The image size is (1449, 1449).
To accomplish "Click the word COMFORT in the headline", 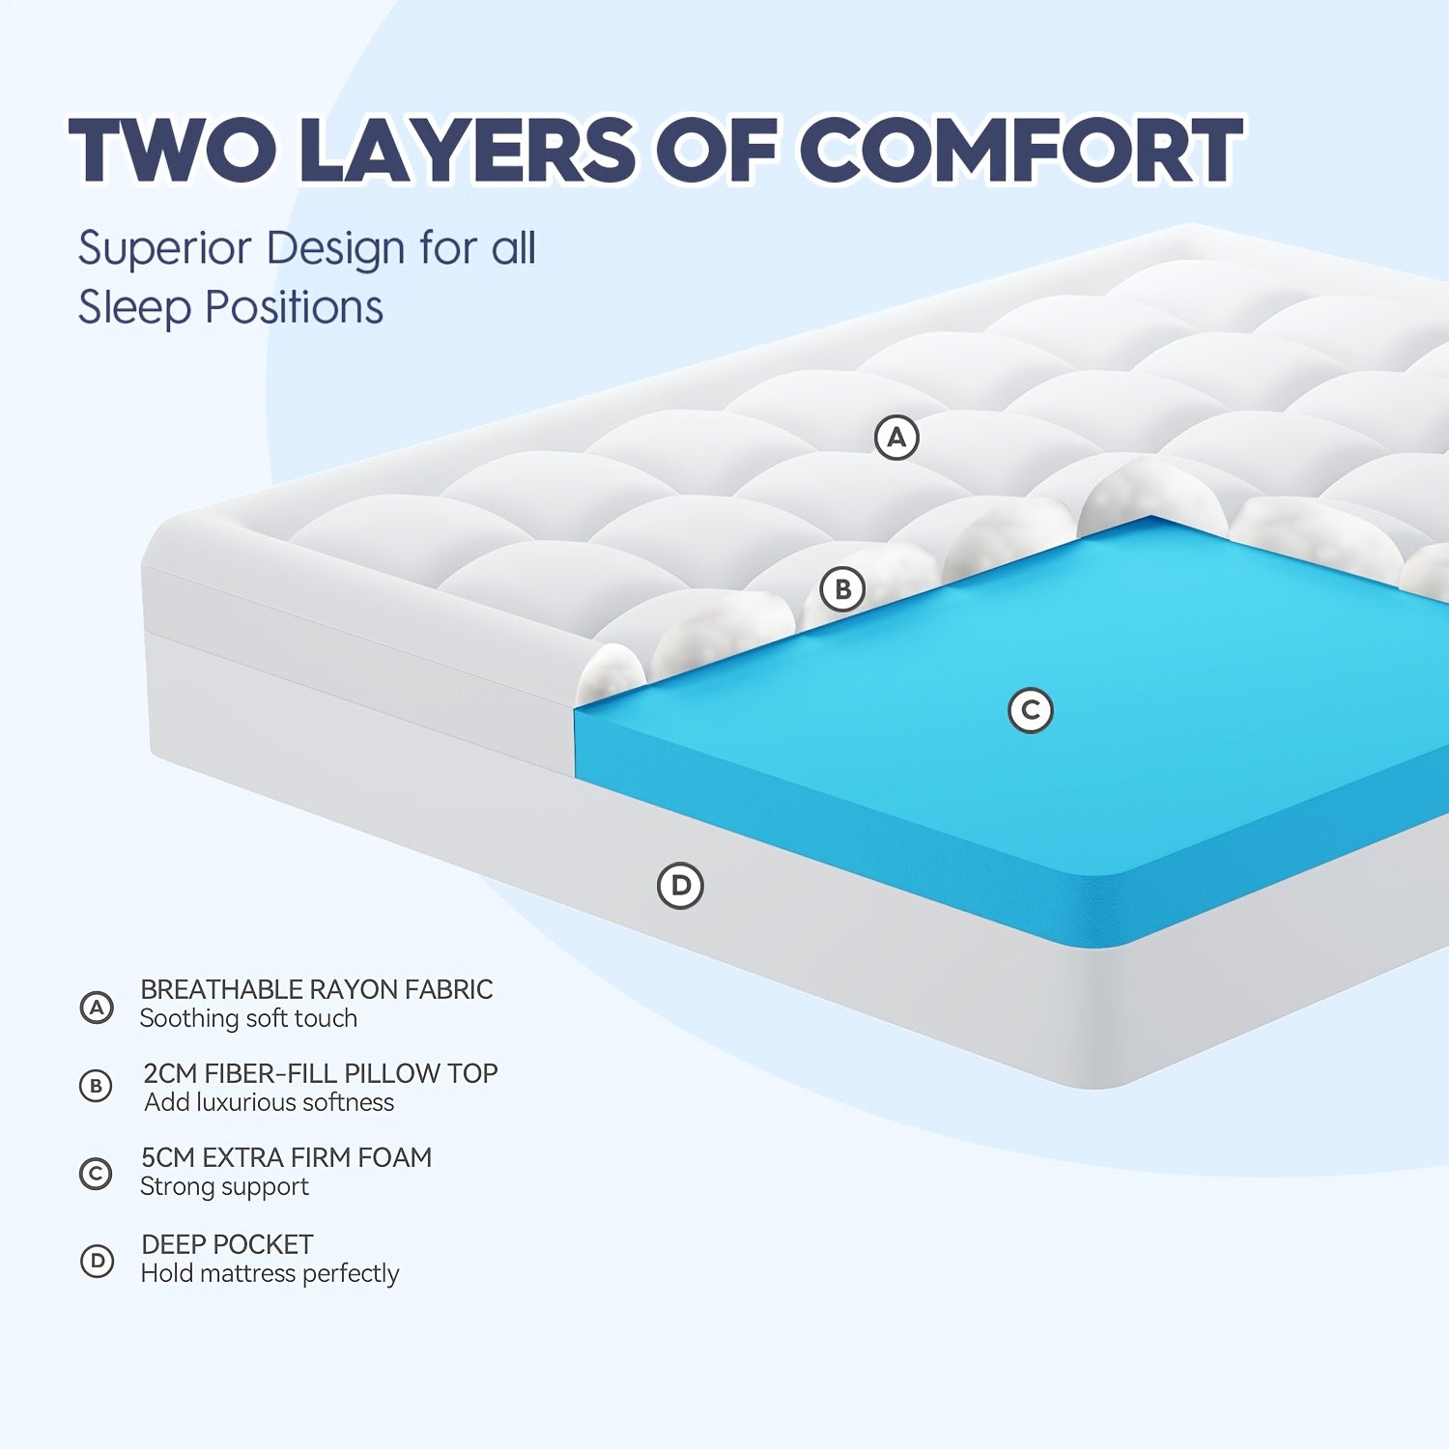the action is pos(1021,150).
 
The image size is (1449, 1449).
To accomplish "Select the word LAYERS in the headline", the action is pos(468,150).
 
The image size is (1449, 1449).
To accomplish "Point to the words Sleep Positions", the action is pos(231,308).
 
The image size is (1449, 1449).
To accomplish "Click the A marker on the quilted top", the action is pos(896,438).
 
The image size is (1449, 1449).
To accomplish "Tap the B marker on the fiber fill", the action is pos(842,588).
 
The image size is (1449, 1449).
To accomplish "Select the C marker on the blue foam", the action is pos(1031,710).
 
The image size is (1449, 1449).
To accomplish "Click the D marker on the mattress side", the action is pos(681,885).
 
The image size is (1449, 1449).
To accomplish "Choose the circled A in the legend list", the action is pos(97,1008).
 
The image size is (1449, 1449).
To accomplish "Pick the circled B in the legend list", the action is pos(96,1087).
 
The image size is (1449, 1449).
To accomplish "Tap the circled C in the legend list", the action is pos(96,1174).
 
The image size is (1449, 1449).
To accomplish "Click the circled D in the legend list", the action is pos(97,1261).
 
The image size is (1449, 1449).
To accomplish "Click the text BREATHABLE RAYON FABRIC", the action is pos(317,989).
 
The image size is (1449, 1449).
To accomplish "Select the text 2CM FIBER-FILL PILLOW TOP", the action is pos(321,1073).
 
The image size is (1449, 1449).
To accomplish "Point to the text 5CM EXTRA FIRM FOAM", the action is pos(287,1157).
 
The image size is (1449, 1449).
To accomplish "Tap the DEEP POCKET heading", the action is pos(227,1244).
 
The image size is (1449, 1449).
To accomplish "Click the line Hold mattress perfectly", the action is pos(270,1273).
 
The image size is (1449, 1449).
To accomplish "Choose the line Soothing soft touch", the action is pos(248,1018).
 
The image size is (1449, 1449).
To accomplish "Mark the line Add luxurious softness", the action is pos(270,1102).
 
